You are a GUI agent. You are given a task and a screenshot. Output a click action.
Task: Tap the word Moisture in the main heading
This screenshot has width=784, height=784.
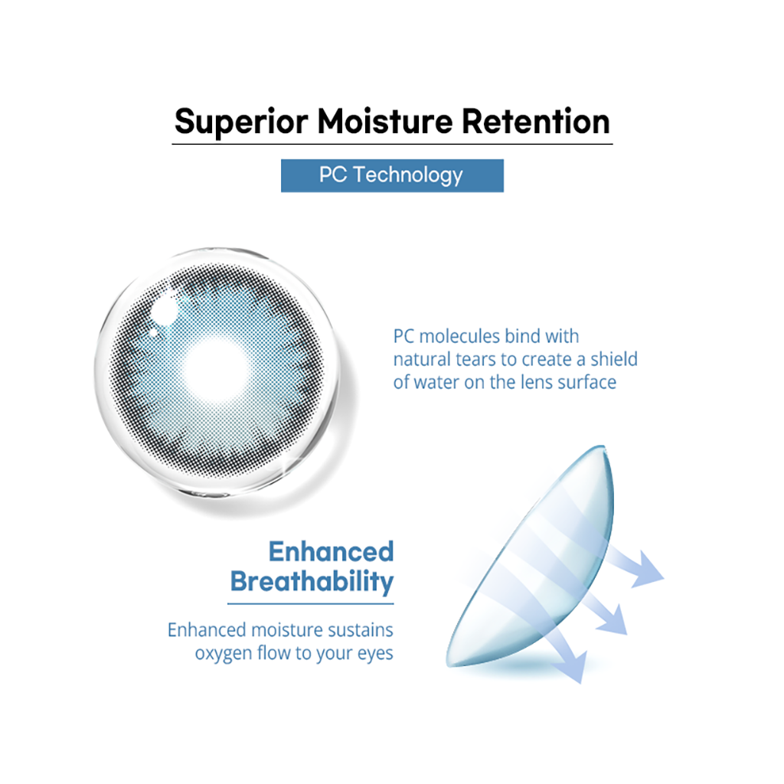(389, 122)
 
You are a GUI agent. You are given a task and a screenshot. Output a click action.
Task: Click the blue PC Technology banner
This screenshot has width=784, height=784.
(392, 175)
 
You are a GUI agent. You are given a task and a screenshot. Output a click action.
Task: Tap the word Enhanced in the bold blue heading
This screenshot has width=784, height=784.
(331, 551)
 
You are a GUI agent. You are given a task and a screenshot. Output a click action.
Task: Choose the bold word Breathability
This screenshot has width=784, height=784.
(312, 582)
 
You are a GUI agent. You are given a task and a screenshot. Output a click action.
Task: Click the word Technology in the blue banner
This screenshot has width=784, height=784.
(409, 175)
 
